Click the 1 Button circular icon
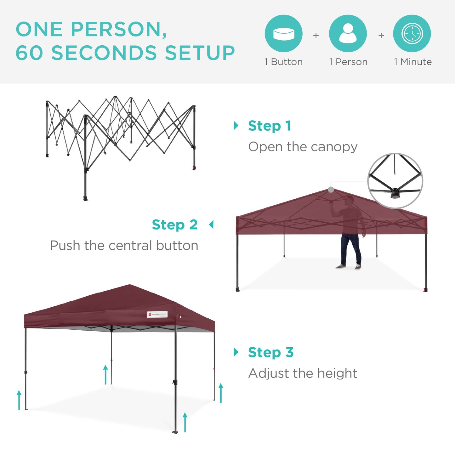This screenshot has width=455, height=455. point(283,33)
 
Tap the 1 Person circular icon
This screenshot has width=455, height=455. point(348,33)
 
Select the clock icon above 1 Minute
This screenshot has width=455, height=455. point(412,33)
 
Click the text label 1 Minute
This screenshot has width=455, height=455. point(412,62)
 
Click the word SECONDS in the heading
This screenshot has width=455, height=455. point(104,53)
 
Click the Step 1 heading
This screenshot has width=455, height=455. point(269,126)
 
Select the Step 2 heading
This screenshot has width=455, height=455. point(175,225)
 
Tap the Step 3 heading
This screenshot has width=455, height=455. point(271,352)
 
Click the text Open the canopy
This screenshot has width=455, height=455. point(303,147)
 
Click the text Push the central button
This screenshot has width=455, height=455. point(124,245)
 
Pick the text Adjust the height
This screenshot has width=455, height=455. point(302,373)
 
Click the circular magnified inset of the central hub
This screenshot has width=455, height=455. point(395,181)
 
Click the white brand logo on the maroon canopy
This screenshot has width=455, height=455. point(157,314)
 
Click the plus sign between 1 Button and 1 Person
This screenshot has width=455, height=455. point(316,36)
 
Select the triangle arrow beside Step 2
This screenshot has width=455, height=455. point(211,225)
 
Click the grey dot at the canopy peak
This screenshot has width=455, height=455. point(331,190)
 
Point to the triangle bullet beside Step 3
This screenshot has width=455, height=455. point(236,352)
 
